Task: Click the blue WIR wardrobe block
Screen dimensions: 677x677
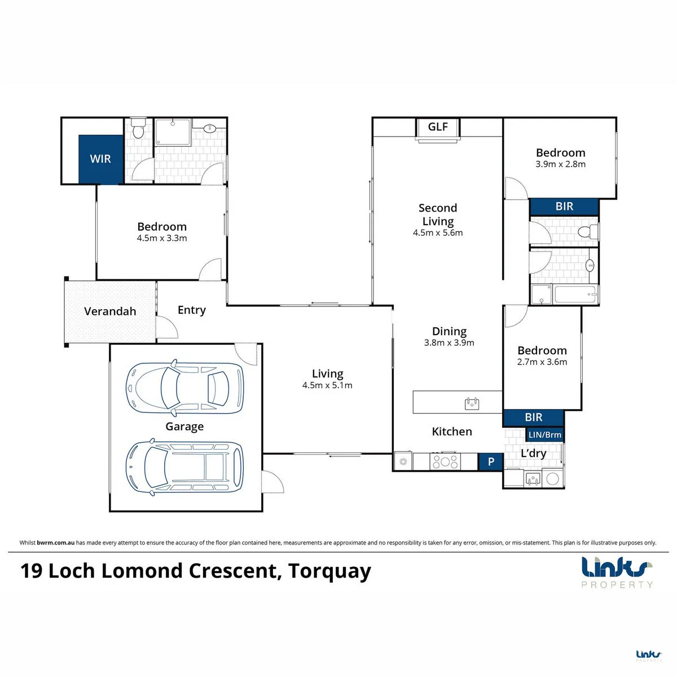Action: point(100,159)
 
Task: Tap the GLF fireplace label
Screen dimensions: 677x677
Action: point(438,126)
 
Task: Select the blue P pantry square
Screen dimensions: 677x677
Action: point(491,461)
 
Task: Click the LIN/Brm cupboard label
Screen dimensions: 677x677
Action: point(545,434)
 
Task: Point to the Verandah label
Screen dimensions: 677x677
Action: point(110,311)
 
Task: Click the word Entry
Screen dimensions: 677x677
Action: point(191,310)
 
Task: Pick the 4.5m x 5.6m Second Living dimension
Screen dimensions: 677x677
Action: point(438,232)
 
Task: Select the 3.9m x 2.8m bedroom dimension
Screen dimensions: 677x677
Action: point(560,164)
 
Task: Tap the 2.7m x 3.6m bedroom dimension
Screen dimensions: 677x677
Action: point(542,362)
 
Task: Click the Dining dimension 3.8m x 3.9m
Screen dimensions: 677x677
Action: point(449,342)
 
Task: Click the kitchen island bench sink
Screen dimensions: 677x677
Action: point(472,404)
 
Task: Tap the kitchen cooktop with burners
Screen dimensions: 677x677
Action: point(445,461)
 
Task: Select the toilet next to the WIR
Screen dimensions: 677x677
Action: point(138,128)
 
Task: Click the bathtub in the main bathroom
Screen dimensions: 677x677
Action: point(575,294)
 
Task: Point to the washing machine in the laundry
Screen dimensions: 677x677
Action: point(553,478)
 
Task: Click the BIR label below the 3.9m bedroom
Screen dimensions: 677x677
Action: point(564,206)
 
